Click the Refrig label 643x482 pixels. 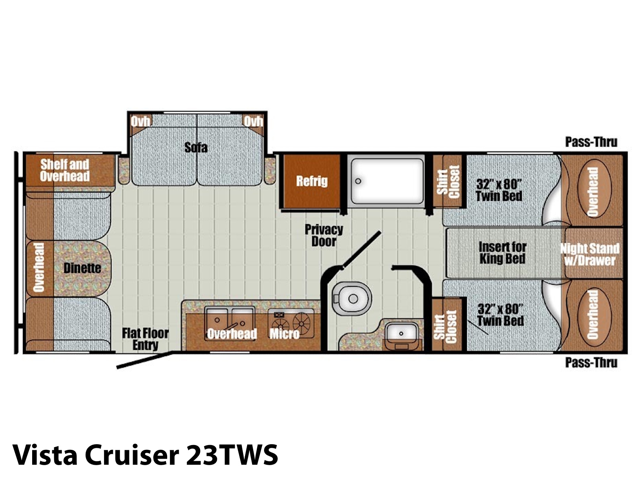pyautogui.click(x=312, y=181)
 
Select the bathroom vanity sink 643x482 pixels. pyautogui.click(x=401, y=333)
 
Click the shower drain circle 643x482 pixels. pyautogui.click(x=358, y=181)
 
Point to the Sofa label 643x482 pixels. pyautogui.click(x=196, y=147)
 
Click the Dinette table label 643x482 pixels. pyautogui.click(x=82, y=268)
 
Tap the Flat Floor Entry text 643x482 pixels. pyautogui.click(x=145, y=339)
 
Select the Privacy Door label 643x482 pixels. pyautogui.click(x=324, y=236)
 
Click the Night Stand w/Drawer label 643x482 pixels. pyautogui.click(x=590, y=254)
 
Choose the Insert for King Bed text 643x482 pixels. pyautogui.click(x=502, y=253)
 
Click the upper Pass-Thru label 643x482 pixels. pyautogui.click(x=591, y=142)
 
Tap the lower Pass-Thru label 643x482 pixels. pyautogui.click(x=591, y=363)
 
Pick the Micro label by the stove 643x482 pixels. pyautogui.click(x=285, y=334)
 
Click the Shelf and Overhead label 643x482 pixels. pyautogui.click(x=65, y=170)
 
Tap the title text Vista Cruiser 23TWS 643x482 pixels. pyautogui.click(x=145, y=455)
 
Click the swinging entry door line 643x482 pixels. pyautogui.click(x=144, y=360)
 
